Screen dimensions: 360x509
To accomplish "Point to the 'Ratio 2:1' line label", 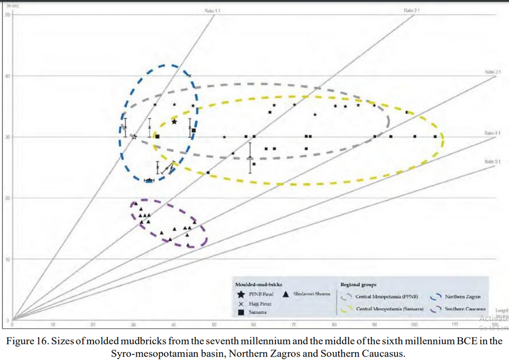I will [x=412, y=10].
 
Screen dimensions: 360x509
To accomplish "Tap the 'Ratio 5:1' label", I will [x=489, y=161].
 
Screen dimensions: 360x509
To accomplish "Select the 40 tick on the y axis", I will [x=7, y=76].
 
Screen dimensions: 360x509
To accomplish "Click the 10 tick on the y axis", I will [x=7, y=259].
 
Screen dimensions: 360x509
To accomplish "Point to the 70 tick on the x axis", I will [x=294, y=325].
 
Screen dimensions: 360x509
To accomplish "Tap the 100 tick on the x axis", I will [x=415, y=325].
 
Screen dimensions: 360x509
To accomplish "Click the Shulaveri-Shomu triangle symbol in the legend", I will [x=287, y=294].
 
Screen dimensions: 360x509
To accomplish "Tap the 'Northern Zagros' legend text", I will [x=461, y=297].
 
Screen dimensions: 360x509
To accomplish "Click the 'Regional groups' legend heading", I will [x=358, y=285].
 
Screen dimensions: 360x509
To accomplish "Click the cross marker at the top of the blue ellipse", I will [x=189, y=76].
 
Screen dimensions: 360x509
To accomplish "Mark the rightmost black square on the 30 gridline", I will [x=435, y=136].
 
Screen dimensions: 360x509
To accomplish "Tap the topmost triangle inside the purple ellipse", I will [x=136, y=203].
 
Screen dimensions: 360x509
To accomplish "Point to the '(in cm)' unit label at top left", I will [x=9, y=5].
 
